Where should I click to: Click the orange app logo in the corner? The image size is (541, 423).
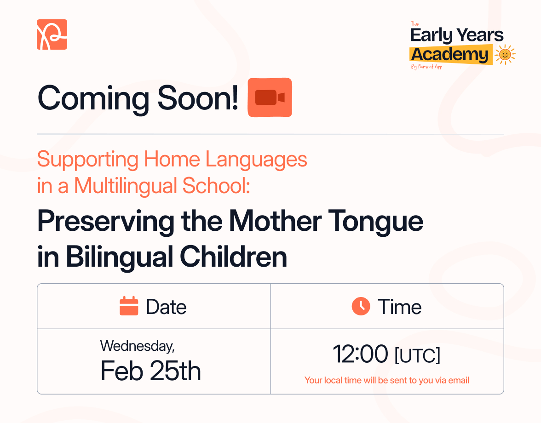pos(52,34)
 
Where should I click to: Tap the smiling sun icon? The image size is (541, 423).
pos(505,55)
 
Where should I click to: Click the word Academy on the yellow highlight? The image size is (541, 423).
pos(449,54)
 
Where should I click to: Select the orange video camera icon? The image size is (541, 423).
pos(270,97)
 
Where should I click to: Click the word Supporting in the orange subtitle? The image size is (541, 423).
pos(87,160)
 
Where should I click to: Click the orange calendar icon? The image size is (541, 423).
pos(129,306)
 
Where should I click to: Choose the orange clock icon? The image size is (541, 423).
pos(361,306)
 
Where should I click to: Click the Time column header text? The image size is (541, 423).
pos(399,307)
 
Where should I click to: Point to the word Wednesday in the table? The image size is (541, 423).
pos(137,345)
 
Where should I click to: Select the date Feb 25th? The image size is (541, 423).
pos(151,371)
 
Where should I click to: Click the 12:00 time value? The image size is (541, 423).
pos(360,354)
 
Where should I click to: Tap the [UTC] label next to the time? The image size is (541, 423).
pos(417,356)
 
